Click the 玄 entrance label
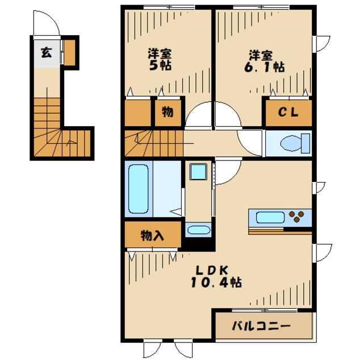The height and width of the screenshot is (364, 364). click(46, 53)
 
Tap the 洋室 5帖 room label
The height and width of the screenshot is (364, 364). click(160, 60)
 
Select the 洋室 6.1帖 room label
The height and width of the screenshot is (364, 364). click(260, 61)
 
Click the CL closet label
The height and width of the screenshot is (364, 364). click(288, 113)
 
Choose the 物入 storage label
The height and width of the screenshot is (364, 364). click(152, 235)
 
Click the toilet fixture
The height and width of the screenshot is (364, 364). click(291, 142)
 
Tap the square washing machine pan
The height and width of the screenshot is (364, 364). click(198, 172)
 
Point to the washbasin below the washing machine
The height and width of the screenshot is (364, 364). click(198, 230)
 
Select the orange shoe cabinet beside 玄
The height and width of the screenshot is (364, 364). click(69, 52)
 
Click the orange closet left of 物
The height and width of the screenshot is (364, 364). click(137, 113)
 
